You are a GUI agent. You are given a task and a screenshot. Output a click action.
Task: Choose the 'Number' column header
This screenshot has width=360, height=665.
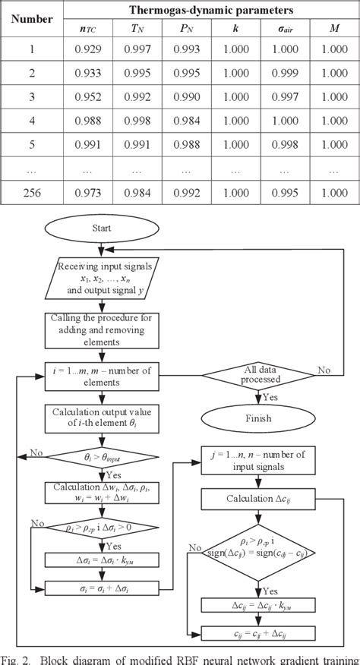pyautogui.click(x=32, y=19)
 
